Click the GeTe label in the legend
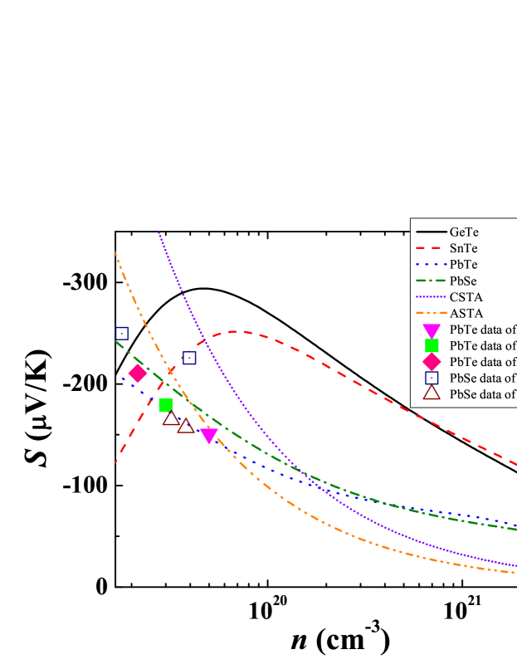[464, 232]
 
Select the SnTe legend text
[464, 248]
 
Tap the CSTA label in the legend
[466, 296]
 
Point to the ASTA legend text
[466, 313]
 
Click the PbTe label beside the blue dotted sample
[464, 264]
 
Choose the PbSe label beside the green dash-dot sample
[464, 281]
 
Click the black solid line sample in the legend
[431, 232]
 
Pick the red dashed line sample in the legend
[431, 248]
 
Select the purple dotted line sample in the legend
[431, 296]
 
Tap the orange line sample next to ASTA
[431, 313]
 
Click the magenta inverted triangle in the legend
[432, 330]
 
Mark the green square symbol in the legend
[432, 345]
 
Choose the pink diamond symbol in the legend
[432, 361]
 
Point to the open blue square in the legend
[432, 378]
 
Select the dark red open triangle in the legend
[432, 393]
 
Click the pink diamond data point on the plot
[138, 374]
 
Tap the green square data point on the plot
[166, 405]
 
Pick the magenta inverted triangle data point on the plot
[209, 436]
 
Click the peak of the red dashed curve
[238, 331]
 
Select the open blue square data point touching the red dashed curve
[189, 358]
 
